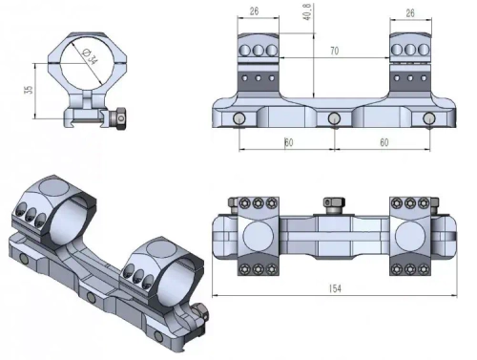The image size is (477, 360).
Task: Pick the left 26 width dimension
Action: pos(252,11)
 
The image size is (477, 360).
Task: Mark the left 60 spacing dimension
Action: pos(287,141)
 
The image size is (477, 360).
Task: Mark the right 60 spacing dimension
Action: pos(383,141)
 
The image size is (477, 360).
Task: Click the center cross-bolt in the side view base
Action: pos(335,117)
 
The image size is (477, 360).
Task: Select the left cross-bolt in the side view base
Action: pos(238,117)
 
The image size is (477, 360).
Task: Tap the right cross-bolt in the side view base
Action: pos(430,117)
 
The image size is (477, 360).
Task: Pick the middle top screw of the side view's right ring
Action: pos(412,51)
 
